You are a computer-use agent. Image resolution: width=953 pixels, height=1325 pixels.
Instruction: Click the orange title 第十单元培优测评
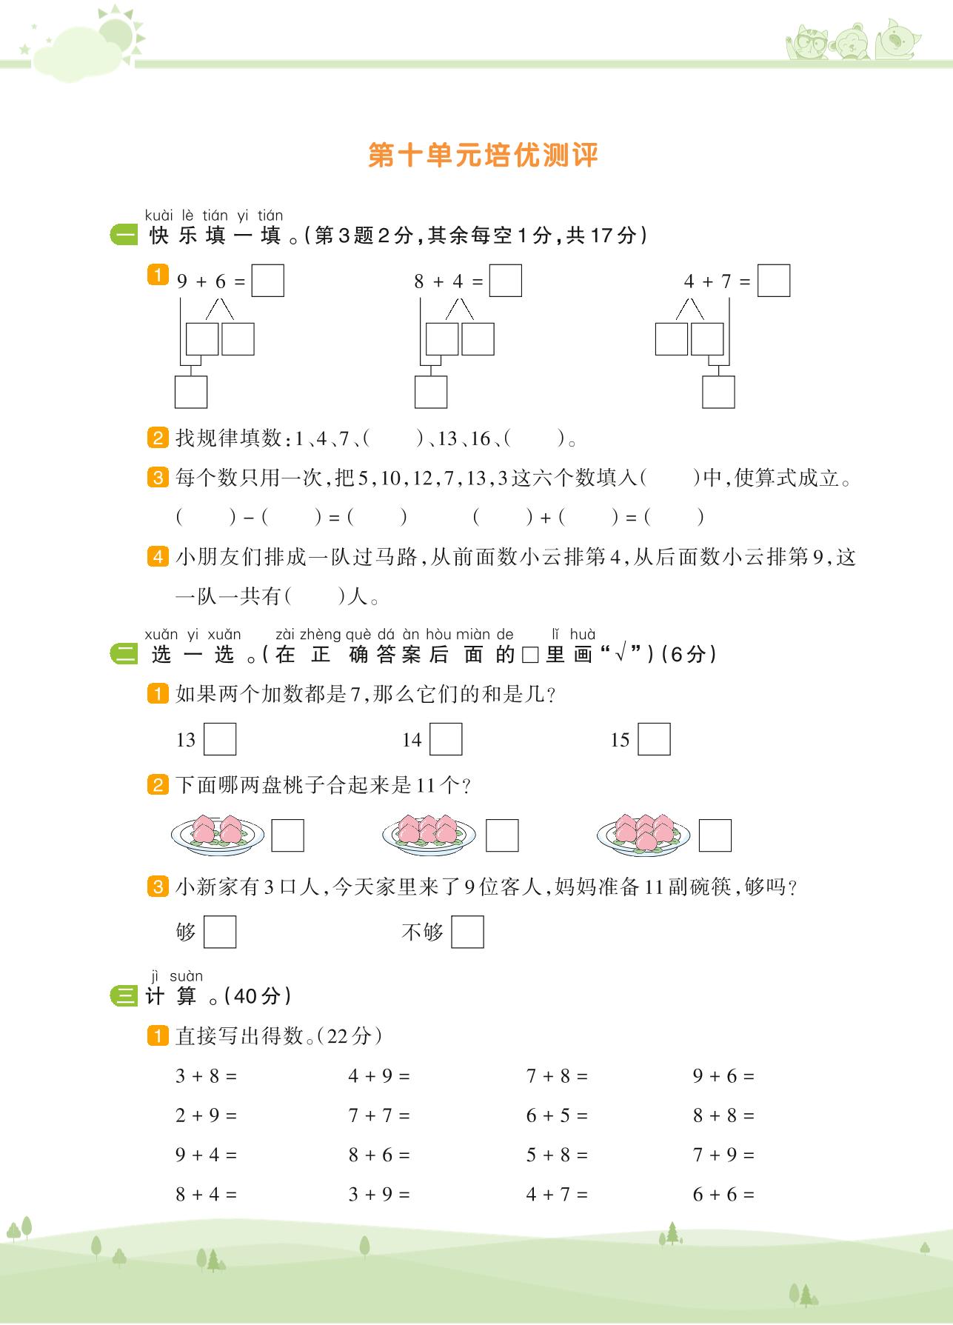(x=483, y=156)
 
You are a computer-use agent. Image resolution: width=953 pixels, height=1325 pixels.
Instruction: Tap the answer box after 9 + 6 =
(x=267, y=281)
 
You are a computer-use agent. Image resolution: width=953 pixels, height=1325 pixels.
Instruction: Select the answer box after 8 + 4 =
(x=506, y=281)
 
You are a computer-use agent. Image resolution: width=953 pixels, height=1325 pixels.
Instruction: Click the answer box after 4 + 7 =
(x=774, y=281)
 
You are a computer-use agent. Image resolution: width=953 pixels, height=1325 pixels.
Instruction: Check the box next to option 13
(x=220, y=739)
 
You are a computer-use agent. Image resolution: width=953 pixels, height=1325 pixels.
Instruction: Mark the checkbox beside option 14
(x=446, y=739)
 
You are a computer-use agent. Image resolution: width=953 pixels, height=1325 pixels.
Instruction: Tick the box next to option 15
(x=654, y=739)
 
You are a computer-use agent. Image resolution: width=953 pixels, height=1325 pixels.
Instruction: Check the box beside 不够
(x=467, y=932)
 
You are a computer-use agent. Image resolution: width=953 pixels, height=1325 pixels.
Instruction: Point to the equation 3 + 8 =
(x=206, y=1076)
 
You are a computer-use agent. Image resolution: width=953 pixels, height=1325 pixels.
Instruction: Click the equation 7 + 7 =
(x=379, y=1115)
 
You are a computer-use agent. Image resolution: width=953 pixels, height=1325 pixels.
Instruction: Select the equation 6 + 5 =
(x=557, y=1115)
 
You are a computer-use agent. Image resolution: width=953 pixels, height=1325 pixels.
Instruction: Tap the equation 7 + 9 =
(x=723, y=1155)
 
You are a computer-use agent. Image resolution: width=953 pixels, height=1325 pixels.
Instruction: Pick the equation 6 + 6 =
(x=723, y=1194)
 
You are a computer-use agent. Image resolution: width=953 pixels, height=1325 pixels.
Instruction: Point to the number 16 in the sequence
(x=481, y=439)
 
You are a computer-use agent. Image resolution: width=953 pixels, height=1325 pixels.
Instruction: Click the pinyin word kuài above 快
(x=158, y=216)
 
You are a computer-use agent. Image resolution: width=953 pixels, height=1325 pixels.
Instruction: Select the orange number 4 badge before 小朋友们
(x=158, y=556)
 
